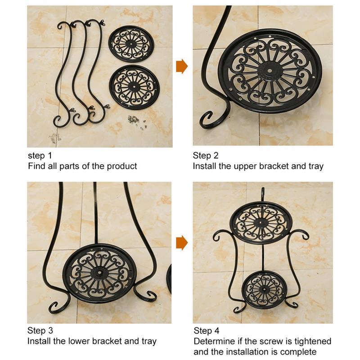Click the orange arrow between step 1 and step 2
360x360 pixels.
[182, 66]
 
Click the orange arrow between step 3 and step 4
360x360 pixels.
[182, 243]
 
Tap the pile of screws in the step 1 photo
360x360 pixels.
[134, 119]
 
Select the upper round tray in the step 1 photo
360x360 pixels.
[131, 44]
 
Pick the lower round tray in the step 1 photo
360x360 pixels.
[134, 87]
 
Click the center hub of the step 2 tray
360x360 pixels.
[270, 70]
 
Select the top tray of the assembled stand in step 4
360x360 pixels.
[262, 222]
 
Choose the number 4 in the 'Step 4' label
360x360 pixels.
[216, 331]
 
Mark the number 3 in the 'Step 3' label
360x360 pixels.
[50, 331]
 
